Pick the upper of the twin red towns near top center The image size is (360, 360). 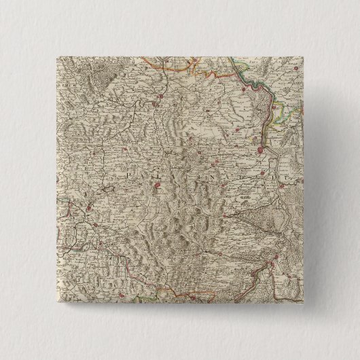(158, 99)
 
